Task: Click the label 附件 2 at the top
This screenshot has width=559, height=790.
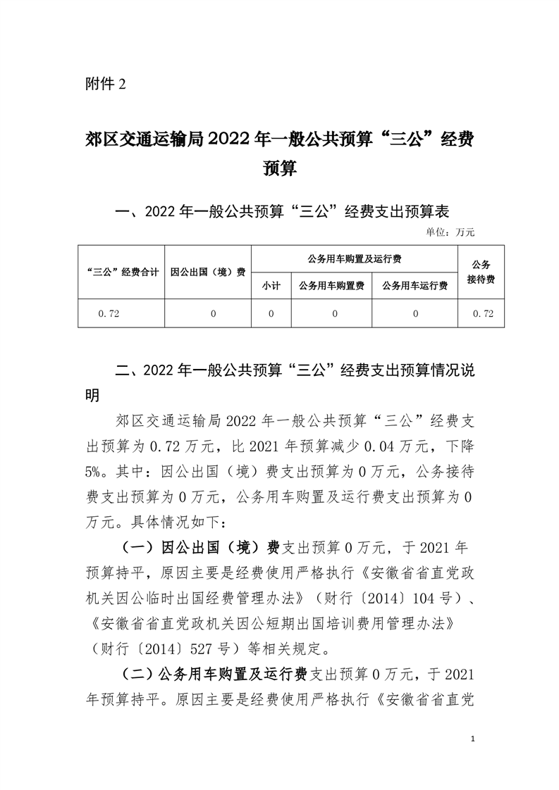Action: pyautogui.click(x=104, y=85)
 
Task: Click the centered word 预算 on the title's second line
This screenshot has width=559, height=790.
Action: pyautogui.click(x=279, y=169)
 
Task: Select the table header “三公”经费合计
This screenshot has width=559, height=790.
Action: pyautogui.click(x=121, y=272)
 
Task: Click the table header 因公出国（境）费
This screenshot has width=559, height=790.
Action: pyautogui.click(x=208, y=272)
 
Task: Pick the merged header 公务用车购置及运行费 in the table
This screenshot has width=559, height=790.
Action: pyautogui.click(x=355, y=259)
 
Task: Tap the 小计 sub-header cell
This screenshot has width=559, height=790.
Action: pyautogui.click(x=271, y=285)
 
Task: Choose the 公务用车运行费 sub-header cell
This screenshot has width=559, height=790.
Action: pyautogui.click(x=415, y=285)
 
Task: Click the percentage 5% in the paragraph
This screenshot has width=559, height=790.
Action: pyautogui.click(x=94, y=465)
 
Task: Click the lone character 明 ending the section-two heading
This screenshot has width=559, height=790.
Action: pyautogui.click(x=92, y=396)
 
